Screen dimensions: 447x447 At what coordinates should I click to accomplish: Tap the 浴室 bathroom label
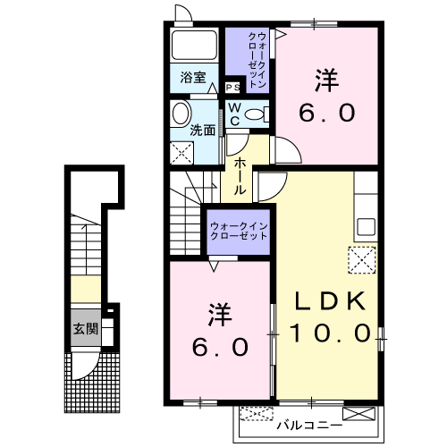click(x=193, y=77)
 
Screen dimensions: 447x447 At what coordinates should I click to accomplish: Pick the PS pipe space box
click(x=232, y=88)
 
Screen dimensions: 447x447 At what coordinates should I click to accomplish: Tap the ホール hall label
click(x=240, y=176)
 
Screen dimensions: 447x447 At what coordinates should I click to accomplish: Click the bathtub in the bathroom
click(x=193, y=47)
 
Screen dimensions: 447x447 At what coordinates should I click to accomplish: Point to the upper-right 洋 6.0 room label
click(x=327, y=97)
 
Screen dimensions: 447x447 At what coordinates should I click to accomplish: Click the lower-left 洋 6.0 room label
click(x=218, y=332)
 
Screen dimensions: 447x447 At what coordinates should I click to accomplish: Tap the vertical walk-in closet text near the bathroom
click(x=254, y=58)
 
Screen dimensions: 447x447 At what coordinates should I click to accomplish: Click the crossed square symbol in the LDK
click(x=363, y=262)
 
